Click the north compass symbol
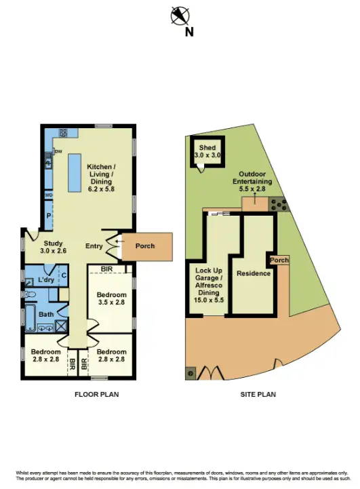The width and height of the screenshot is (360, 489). [x=180, y=15]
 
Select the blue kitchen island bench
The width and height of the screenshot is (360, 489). [x=73, y=171]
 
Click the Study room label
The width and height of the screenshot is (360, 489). [x=54, y=247]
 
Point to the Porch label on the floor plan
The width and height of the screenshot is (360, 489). [x=145, y=246]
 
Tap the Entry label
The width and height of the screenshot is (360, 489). [x=94, y=246]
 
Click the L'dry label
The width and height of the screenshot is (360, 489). [x=46, y=280]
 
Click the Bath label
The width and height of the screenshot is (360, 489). [x=46, y=314]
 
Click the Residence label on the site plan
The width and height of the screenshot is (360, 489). [x=254, y=273]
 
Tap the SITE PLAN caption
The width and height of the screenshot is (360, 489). [x=258, y=394]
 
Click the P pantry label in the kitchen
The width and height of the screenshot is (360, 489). [x=49, y=215]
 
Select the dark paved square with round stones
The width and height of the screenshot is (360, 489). [x=279, y=204]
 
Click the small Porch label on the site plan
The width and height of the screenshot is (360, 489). [x=279, y=260]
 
